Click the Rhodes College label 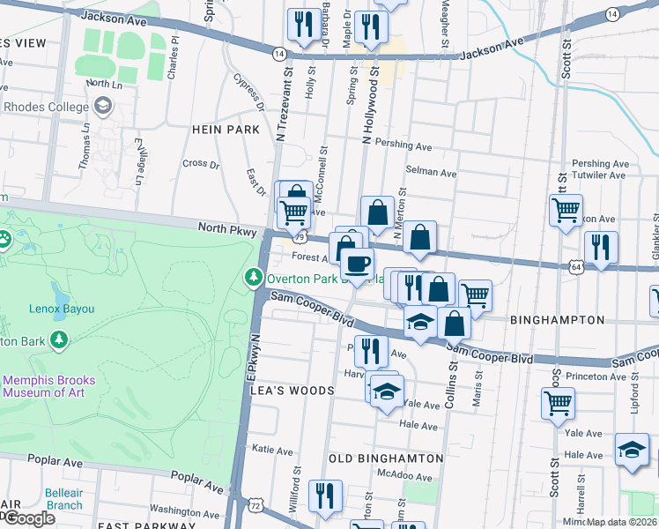(46, 108)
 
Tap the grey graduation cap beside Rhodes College (103, 107)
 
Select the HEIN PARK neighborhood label (226, 130)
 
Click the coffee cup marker (357, 264)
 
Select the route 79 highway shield (300, 237)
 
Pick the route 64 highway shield (575, 265)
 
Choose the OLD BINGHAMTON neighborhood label (386, 458)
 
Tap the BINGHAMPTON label (557, 320)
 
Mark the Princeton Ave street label (596, 376)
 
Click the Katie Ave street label (272, 450)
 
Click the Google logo (29, 518)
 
